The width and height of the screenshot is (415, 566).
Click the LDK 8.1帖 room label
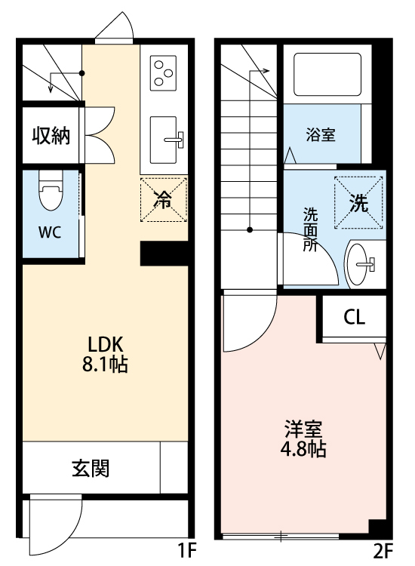click(x=105, y=353)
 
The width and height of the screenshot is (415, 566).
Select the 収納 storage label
click(x=51, y=136)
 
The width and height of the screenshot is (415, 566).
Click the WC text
click(x=50, y=232)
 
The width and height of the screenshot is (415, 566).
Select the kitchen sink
click(x=164, y=139)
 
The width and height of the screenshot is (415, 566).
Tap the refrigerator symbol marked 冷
click(x=162, y=199)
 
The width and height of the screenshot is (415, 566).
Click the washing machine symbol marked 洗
click(x=358, y=201)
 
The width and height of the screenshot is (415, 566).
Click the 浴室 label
click(x=321, y=135)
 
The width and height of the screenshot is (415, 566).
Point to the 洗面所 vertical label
click(x=310, y=229)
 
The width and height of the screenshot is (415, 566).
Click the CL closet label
click(x=354, y=317)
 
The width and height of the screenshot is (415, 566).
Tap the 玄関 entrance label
click(x=91, y=468)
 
